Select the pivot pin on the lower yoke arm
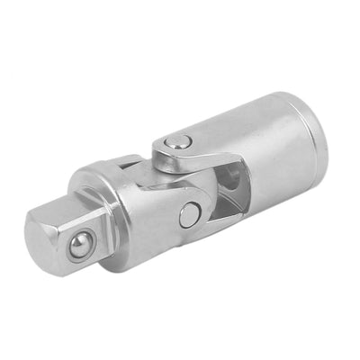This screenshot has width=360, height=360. (190, 214)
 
